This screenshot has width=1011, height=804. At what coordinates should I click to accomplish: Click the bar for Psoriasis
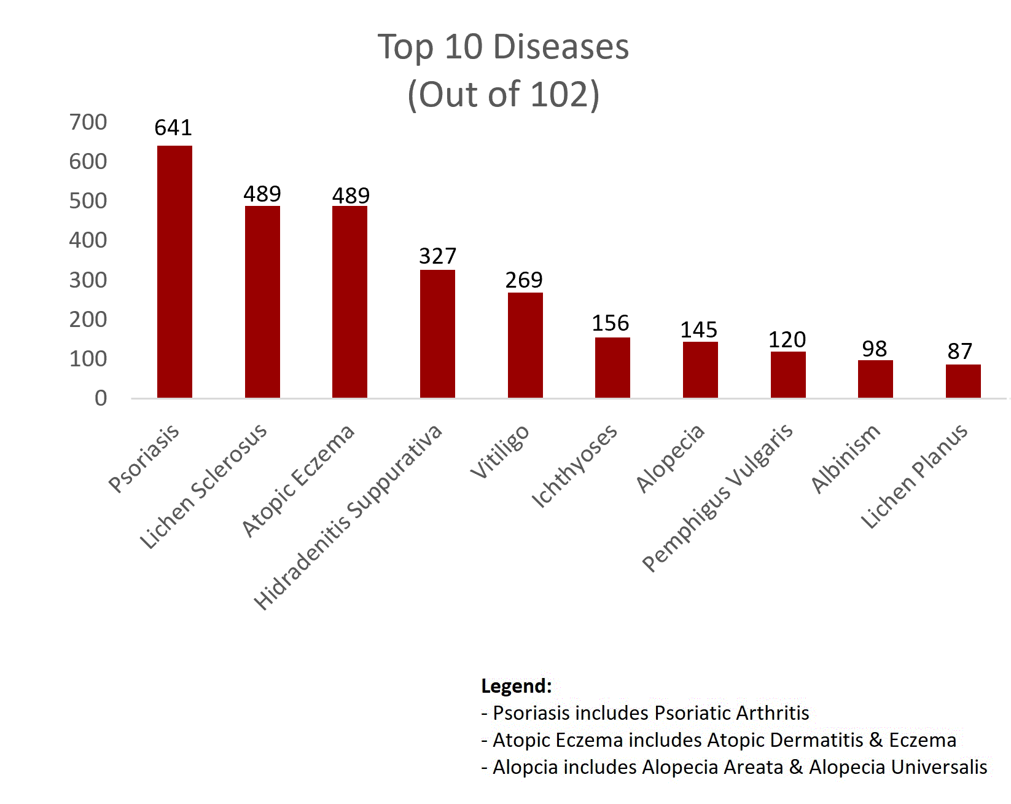[174, 272]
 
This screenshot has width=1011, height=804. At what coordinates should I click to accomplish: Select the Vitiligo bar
[525, 345]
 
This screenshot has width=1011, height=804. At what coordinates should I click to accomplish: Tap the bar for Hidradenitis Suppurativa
[437, 334]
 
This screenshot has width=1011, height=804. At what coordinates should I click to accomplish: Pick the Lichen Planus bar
[963, 381]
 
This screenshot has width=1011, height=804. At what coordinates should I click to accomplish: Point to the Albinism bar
[875, 379]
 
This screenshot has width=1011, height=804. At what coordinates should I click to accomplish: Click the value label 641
[173, 128]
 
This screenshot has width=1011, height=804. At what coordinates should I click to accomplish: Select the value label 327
[437, 256]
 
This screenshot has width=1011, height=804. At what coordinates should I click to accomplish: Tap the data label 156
[611, 323]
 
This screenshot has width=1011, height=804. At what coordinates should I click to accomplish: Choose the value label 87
[960, 352]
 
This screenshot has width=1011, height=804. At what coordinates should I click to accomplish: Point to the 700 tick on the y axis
[88, 122]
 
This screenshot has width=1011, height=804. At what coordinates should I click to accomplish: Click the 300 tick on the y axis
[88, 280]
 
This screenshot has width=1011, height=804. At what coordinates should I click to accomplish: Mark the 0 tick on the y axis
[101, 398]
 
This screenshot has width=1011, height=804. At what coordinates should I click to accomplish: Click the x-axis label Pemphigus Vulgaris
[717, 498]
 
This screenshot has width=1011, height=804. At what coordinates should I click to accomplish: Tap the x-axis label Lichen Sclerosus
[203, 486]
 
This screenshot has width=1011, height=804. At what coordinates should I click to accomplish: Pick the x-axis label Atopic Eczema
[298, 481]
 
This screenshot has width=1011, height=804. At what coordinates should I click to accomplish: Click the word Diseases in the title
[561, 47]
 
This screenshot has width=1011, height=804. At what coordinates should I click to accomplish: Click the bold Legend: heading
[517, 686]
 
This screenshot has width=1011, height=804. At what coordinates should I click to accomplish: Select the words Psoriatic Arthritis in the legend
[732, 713]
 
